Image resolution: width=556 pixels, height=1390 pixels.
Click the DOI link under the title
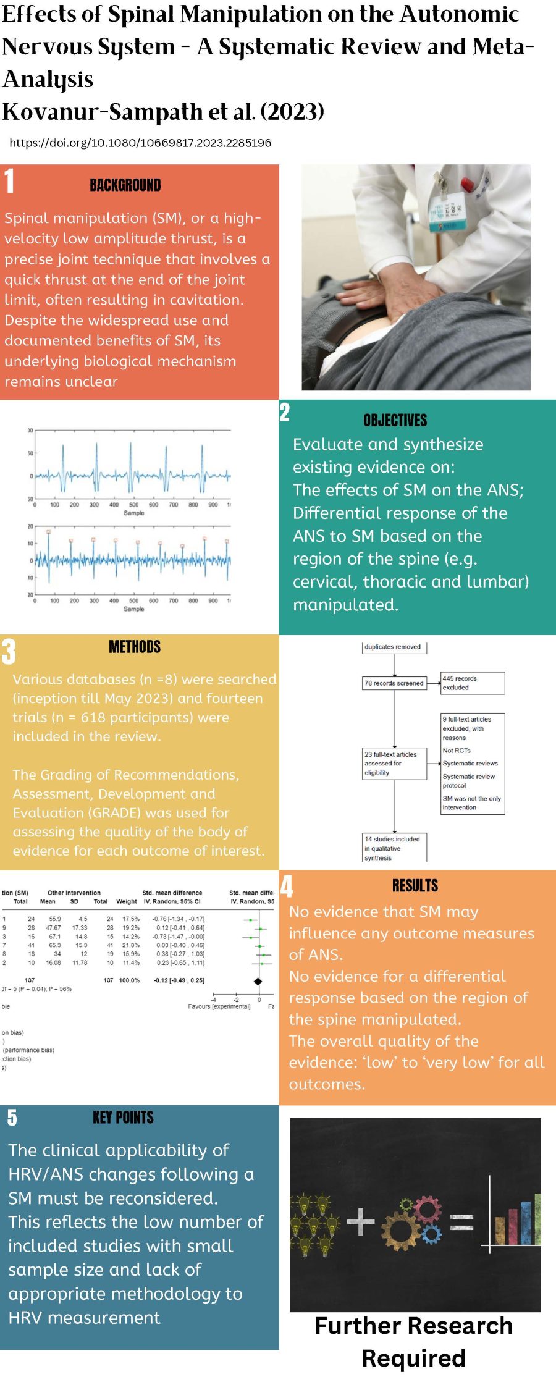click(x=140, y=143)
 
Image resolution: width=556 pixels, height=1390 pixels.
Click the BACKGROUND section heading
click(x=125, y=185)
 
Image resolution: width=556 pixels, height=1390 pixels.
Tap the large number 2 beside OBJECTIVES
click(x=284, y=412)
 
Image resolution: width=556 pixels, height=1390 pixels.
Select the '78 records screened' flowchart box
click(x=394, y=683)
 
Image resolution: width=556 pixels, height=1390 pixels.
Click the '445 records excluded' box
click(x=472, y=683)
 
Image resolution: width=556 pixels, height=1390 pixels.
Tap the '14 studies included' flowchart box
click(x=394, y=848)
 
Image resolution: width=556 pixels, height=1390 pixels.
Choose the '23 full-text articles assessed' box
click(x=394, y=764)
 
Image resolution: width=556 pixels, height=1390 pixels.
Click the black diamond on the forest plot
click(x=258, y=980)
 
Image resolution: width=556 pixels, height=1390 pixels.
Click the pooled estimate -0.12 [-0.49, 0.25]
click(x=179, y=980)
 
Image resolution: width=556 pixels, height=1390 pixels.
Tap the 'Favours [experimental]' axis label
click(x=219, y=1006)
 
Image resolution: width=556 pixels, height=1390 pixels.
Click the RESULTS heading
click(x=415, y=886)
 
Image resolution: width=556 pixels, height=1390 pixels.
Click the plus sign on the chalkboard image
click(x=361, y=1222)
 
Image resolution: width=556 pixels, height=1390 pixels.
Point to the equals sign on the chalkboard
click(x=461, y=1222)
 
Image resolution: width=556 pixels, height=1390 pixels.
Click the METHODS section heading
click(x=135, y=647)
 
